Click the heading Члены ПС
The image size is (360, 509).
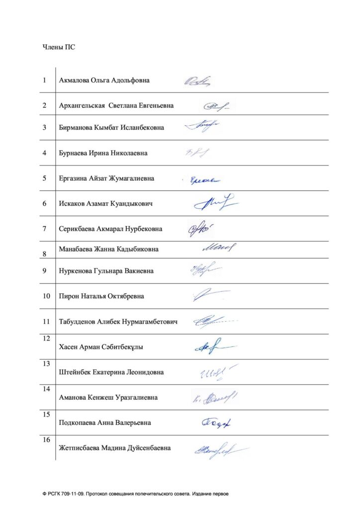pyautogui.click(x=59, y=48)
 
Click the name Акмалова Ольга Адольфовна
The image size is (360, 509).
pyautogui.click(x=104, y=80)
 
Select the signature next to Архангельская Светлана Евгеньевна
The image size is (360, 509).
pyautogui.click(x=217, y=105)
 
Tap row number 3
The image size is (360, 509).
pyautogui.click(x=45, y=127)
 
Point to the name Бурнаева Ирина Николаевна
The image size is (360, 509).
pyautogui.click(x=103, y=153)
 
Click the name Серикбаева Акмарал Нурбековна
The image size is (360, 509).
pyautogui.click(x=110, y=229)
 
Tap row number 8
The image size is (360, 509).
pyautogui.click(x=45, y=254)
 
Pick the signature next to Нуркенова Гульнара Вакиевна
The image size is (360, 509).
pyautogui.click(x=205, y=270)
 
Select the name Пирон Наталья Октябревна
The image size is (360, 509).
pyautogui.click(x=101, y=296)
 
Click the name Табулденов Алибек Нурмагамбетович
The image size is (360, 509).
pyautogui.click(x=118, y=322)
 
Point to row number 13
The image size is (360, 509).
pyautogui.click(x=46, y=364)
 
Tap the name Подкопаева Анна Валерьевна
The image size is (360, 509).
pyautogui.click(x=105, y=423)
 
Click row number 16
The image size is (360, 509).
pyautogui.click(x=46, y=440)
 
